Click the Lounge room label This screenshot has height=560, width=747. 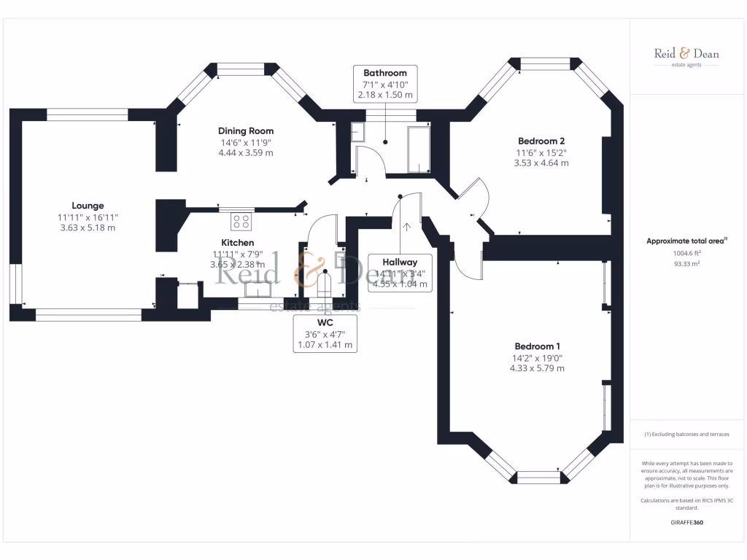(x=88, y=206)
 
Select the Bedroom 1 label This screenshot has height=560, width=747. (x=537, y=346)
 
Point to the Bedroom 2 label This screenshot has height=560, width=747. (x=541, y=141)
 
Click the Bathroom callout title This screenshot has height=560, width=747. (x=385, y=73)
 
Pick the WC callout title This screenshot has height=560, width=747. (x=325, y=322)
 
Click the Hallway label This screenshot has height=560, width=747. (x=398, y=262)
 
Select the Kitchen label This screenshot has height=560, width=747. (x=238, y=243)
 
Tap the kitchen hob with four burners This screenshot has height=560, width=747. (x=241, y=219)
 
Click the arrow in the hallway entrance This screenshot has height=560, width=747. (x=406, y=226)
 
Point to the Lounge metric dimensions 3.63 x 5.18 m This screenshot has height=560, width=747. (x=88, y=227)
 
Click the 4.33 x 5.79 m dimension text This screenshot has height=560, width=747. (x=537, y=368)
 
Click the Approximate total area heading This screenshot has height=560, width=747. (x=686, y=241)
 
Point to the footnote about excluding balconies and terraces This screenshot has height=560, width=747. (x=686, y=434)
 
